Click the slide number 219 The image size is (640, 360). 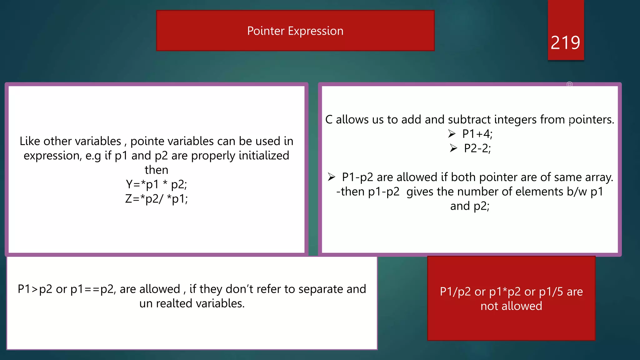[565, 42]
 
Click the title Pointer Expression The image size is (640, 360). [295, 31]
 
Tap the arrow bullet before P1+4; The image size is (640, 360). [452, 134]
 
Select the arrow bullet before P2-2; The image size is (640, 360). [453, 148]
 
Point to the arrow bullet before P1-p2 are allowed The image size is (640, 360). [332, 177]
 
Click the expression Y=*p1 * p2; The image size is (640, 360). [156, 184]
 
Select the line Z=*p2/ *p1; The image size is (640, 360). [156, 199]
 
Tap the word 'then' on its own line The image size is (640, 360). [156, 170]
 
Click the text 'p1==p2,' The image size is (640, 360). [93, 289]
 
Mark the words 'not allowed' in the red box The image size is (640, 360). [511, 306]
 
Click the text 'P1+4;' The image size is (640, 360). [477, 134]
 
